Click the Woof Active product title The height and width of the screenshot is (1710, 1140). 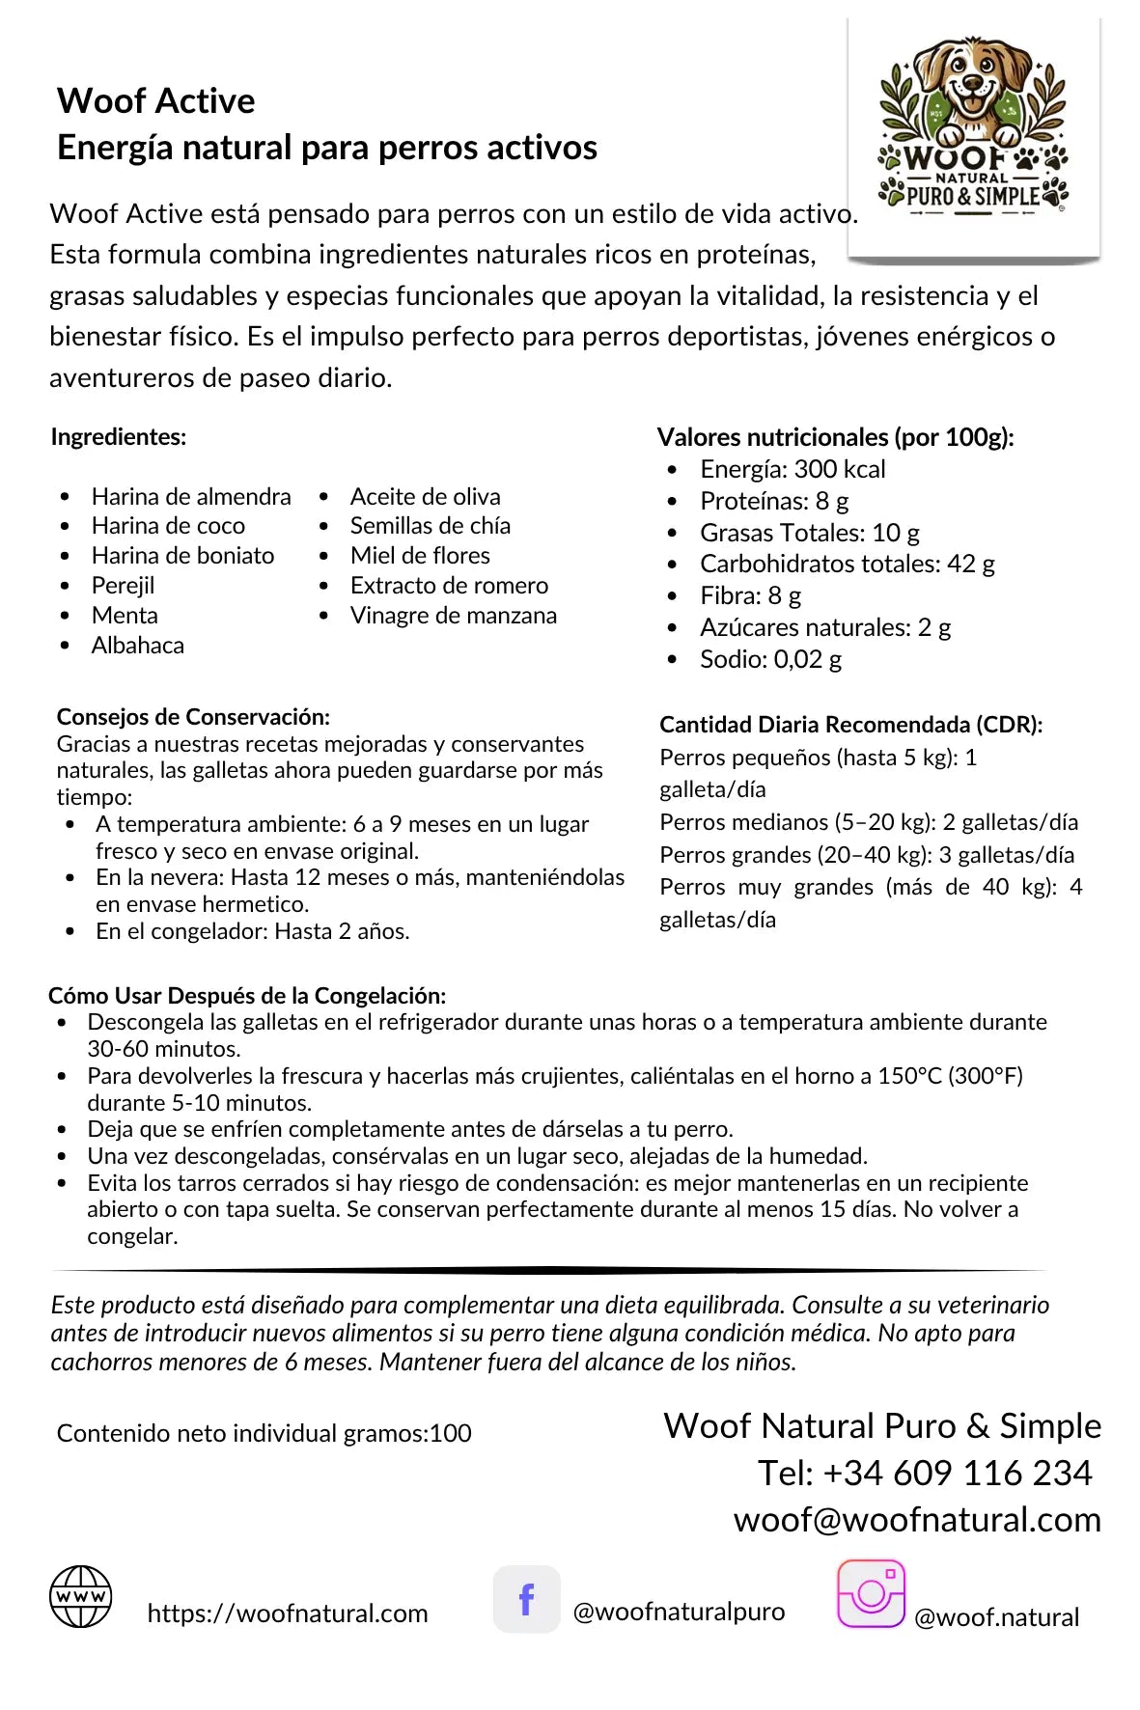155,101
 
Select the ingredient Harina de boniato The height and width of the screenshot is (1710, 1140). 182,556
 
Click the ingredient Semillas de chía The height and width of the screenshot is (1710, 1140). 430,526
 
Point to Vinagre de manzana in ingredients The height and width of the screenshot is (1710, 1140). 453,616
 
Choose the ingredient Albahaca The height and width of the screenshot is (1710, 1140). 137,646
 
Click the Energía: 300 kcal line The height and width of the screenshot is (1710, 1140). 792,469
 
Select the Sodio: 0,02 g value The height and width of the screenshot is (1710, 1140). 770,660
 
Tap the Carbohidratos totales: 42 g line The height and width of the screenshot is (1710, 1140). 847,564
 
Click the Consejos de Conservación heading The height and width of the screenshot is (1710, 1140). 193,717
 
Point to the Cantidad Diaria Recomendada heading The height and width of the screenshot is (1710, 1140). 850,725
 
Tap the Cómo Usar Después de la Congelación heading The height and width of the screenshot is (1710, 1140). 247,996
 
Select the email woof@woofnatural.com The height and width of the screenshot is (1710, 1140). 916,1520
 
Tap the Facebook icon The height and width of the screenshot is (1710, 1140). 526,1599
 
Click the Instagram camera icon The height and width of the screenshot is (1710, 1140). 871,1593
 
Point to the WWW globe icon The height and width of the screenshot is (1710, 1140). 81,1596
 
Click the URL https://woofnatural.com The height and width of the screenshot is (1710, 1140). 287,1613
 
